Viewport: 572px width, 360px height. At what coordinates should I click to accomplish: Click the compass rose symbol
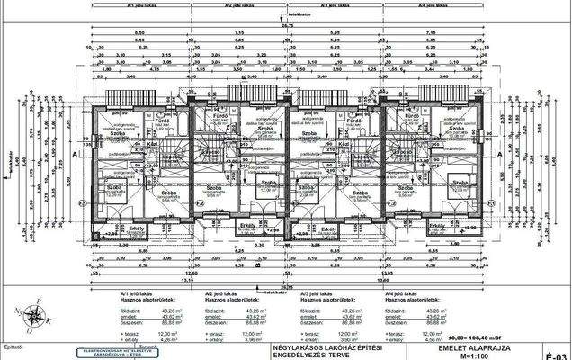[34, 316]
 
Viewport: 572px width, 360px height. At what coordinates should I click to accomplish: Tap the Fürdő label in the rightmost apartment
[413, 116]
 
